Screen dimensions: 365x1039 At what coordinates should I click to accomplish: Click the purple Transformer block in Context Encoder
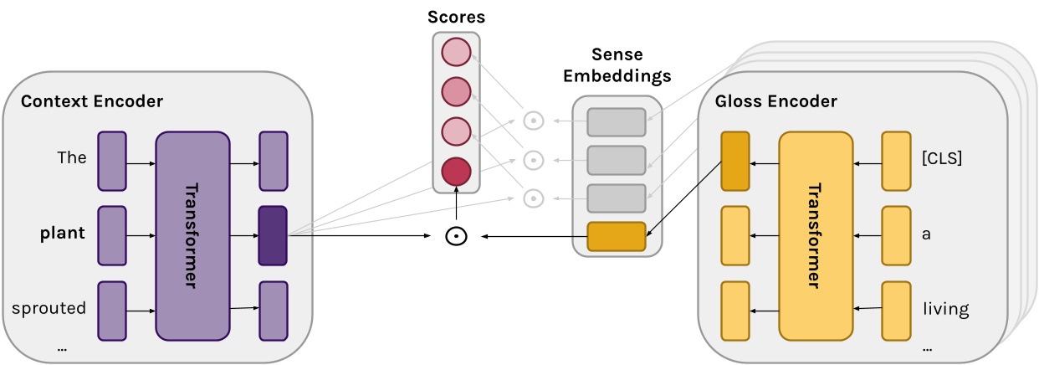[192, 235]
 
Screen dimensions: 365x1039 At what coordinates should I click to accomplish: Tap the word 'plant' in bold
[63, 233]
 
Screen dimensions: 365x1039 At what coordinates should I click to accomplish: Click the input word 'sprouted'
[49, 308]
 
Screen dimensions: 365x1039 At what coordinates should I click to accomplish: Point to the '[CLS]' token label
[941, 158]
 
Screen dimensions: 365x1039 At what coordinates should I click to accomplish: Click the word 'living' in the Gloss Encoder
[945, 310]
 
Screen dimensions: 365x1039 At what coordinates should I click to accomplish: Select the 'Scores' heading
[456, 17]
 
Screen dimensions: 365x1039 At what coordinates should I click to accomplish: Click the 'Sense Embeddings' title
[617, 65]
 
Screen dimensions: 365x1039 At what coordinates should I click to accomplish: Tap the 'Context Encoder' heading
[92, 101]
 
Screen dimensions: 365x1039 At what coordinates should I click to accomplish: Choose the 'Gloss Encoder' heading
[775, 101]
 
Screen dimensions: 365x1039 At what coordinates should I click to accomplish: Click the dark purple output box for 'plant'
[273, 235]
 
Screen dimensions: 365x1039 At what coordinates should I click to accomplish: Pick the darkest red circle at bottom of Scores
[456, 171]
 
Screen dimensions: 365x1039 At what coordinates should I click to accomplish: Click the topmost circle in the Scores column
[456, 53]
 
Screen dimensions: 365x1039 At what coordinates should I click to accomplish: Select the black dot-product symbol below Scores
[454, 237]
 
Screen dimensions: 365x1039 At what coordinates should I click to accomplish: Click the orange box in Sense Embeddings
[617, 237]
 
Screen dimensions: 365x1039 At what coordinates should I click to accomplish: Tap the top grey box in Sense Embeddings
[617, 122]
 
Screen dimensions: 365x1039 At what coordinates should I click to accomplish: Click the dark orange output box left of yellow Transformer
[734, 160]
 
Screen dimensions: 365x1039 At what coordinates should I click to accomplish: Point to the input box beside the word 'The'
[112, 159]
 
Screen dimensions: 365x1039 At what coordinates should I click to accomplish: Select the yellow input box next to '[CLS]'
[895, 160]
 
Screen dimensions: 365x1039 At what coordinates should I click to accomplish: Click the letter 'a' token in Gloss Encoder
[926, 234]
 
